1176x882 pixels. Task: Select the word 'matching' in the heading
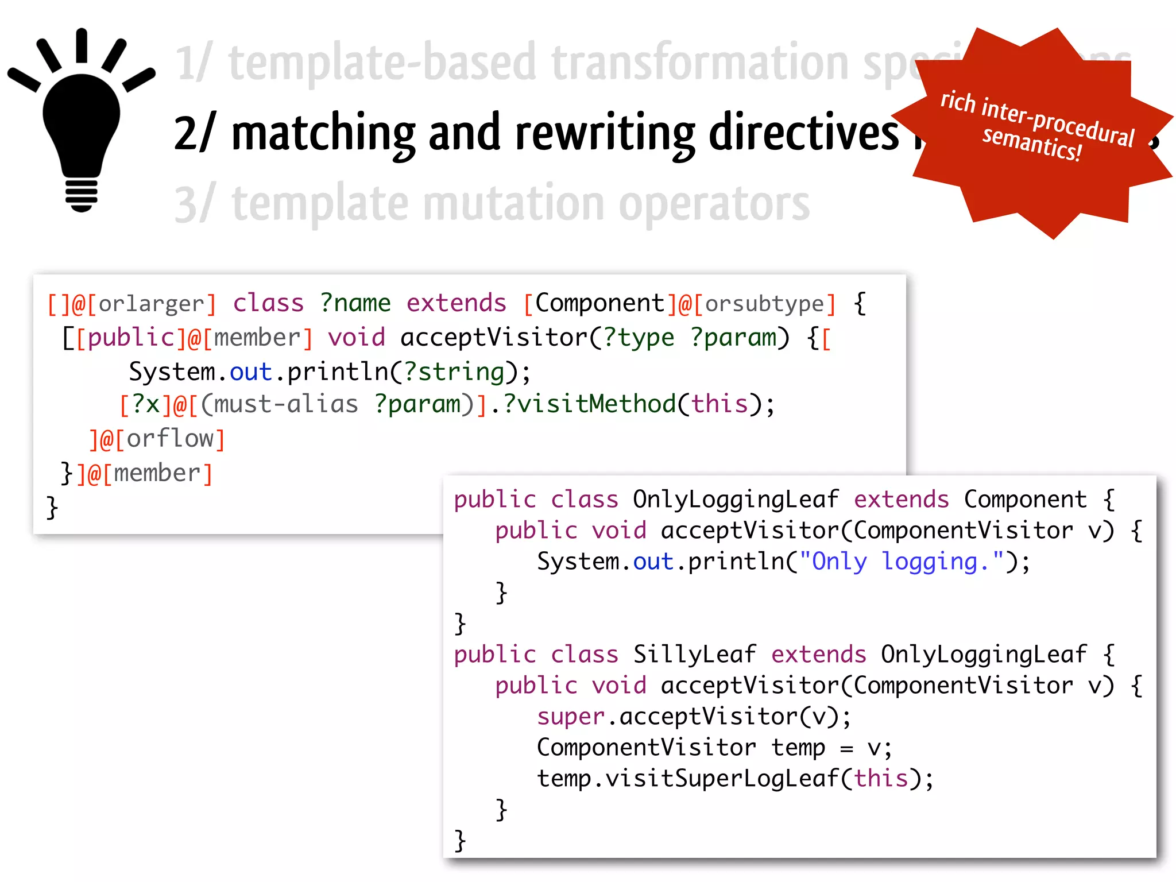click(323, 133)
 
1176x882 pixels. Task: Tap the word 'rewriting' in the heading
click(605, 133)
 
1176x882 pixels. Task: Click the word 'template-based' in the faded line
click(382, 63)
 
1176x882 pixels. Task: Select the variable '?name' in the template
click(355, 303)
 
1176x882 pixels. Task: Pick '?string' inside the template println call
click(454, 372)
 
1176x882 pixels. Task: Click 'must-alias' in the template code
click(286, 405)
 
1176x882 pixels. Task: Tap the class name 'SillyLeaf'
click(694, 655)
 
